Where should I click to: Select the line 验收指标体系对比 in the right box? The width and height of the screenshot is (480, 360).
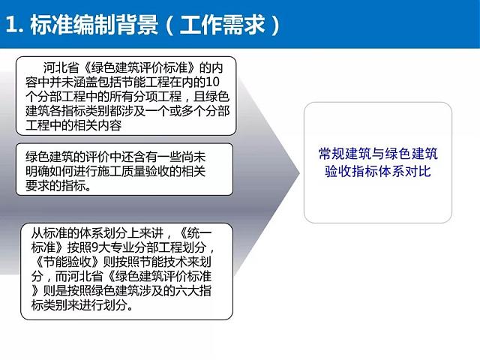click(x=378, y=172)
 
